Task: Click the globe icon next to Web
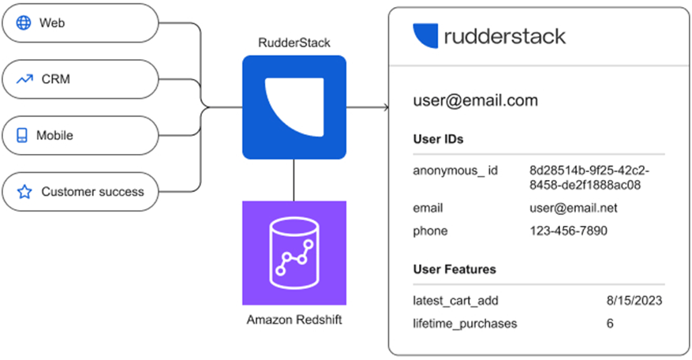coord(24,23)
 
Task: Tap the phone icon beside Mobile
coord(23,136)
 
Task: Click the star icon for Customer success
coord(24,192)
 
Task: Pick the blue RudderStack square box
coord(294,107)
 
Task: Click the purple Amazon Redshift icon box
coord(294,253)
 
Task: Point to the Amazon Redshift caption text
coord(294,319)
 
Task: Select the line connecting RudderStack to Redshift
coord(294,179)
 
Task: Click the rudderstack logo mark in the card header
coord(425,36)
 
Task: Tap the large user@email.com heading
coord(475,100)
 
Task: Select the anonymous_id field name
coord(455,171)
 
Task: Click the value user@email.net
coord(573,208)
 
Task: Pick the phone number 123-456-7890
coord(568,231)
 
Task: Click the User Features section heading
coord(454,269)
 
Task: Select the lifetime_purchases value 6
coord(609,323)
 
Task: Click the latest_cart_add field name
coord(455,301)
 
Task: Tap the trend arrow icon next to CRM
coord(24,79)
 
